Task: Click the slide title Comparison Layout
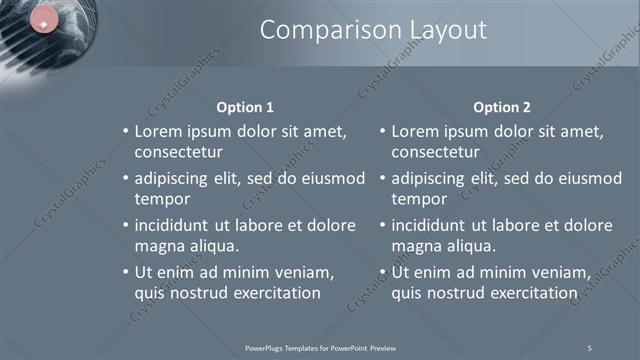pyautogui.click(x=373, y=30)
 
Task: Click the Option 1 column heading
pyautogui.click(x=245, y=107)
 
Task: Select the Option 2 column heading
pyautogui.click(x=502, y=107)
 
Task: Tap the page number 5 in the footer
pyautogui.click(x=589, y=348)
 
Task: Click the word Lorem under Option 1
pyautogui.click(x=158, y=131)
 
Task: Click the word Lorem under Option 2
pyautogui.click(x=415, y=131)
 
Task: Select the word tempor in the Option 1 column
pyautogui.click(x=159, y=200)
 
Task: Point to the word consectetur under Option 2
pyautogui.click(x=435, y=153)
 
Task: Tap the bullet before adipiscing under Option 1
pyautogui.click(x=125, y=179)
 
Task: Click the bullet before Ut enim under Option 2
pyautogui.click(x=382, y=272)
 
